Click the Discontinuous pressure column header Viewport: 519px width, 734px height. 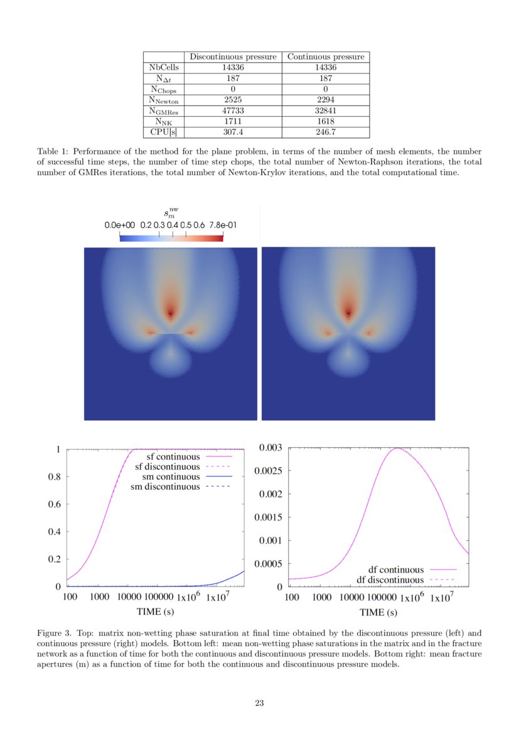coord(233,57)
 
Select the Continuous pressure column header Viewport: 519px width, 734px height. coord(326,57)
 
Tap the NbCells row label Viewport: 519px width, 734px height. coord(163,68)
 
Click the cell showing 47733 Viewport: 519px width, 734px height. coord(233,111)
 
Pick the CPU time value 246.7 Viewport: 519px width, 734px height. coord(326,132)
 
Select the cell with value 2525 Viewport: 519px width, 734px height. coord(233,100)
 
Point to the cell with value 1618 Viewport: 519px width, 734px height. coord(326,121)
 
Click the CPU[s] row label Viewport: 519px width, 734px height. coord(163,132)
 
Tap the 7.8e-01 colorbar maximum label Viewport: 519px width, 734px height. coord(223,225)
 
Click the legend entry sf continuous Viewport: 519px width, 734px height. coord(168,456)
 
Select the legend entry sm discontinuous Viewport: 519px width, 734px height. coord(165,487)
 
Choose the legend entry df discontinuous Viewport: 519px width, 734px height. coord(390,580)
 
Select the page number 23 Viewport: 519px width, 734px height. coord(259,703)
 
